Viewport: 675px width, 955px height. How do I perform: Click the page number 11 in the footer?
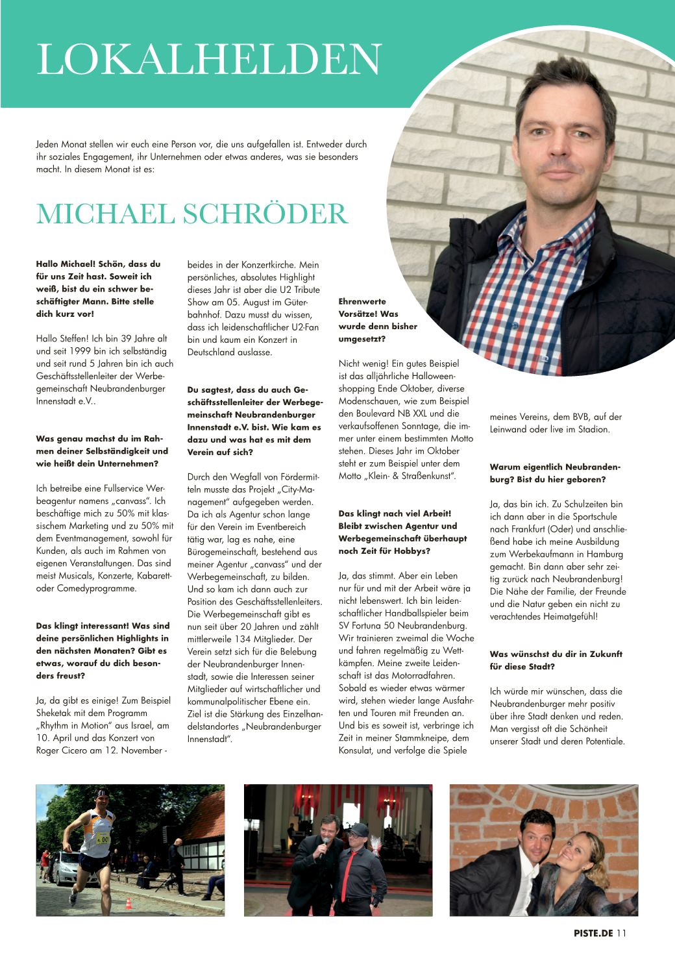(622, 934)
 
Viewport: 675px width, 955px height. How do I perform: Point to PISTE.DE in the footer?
(593, 934)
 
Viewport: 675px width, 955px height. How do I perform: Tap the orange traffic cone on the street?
(128, 902)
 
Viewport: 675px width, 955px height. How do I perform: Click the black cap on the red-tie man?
(356, 829)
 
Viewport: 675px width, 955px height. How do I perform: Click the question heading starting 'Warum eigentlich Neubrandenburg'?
(556, 473)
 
